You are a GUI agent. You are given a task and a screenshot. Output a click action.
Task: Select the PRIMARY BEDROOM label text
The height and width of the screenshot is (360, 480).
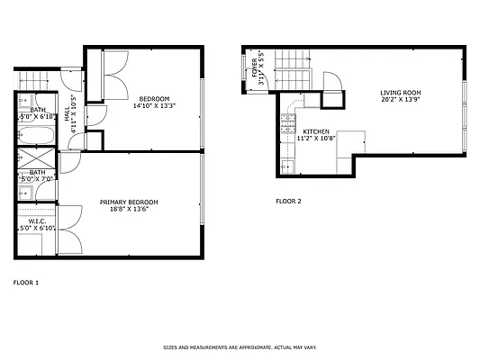pos(129,202)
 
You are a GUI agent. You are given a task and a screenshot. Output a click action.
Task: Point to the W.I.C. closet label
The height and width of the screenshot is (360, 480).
pos(37,220)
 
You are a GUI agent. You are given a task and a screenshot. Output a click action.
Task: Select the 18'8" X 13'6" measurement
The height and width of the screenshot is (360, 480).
pos(129,210)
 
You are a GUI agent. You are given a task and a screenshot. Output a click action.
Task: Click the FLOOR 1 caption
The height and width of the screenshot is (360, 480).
pos(25,283)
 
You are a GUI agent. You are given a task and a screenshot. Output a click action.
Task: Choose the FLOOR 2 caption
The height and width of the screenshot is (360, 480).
pos(288,201)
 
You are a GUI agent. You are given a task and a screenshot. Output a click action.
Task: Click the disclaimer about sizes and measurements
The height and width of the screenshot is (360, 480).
pos(240,346)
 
